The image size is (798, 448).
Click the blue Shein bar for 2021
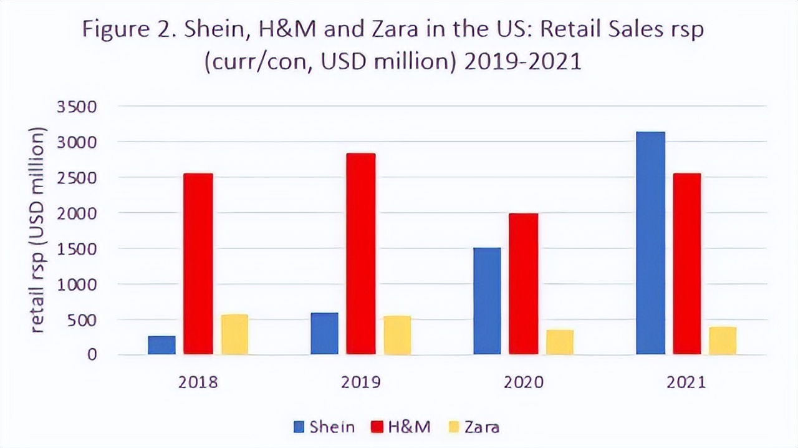coord(650,243)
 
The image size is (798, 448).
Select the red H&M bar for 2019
coord(361,254)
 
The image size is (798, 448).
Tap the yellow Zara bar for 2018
coord(234,334)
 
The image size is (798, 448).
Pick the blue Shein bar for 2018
coord(161,345)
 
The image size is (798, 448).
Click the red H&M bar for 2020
coord(524,284)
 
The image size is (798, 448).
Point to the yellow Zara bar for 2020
coord(559,342)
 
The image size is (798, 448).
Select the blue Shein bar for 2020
coord(487,301)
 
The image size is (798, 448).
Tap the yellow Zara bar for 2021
coord(723,341)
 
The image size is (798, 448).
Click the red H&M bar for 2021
coord(686,264)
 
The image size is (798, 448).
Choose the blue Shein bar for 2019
coord(324,333)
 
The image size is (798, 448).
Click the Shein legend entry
coord(324,427)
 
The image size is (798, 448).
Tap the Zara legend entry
coord(474,427)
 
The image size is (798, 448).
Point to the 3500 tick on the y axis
coord(77,107)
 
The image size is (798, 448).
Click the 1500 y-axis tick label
coord(77,249)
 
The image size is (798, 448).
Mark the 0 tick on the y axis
coord(92,354)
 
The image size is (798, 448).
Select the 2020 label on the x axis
coord(522,382)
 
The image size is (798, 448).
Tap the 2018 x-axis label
coord(198,382)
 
